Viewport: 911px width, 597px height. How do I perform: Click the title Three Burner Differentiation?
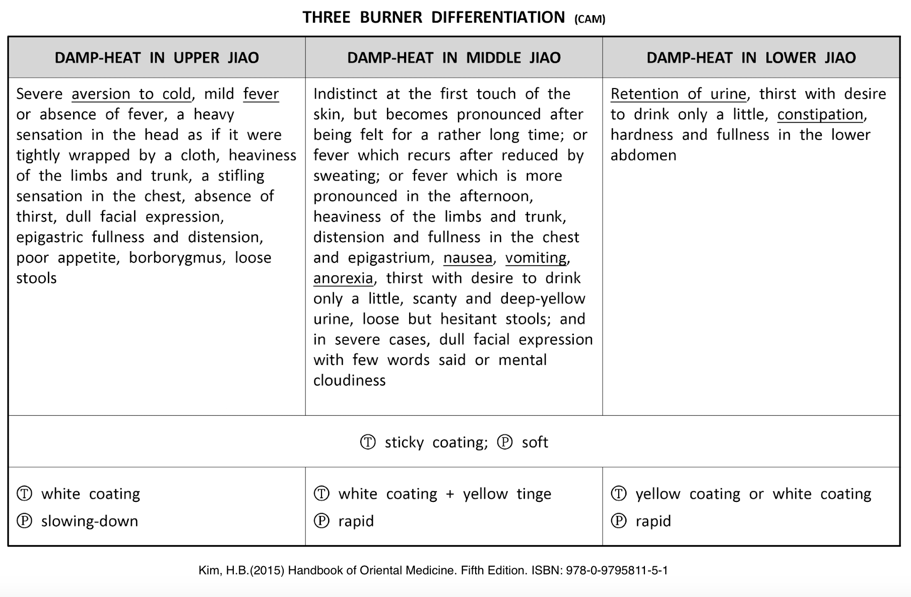433,18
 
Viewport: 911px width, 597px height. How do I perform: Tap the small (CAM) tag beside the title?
590,19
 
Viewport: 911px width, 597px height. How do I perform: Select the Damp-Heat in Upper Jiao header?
157,58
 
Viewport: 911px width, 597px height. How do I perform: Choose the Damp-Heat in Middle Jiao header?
453,58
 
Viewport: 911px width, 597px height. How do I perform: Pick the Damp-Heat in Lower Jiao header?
751,58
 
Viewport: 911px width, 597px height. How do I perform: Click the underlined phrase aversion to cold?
132,94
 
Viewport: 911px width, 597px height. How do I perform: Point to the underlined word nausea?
468,258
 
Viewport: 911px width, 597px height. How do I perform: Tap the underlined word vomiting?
536,258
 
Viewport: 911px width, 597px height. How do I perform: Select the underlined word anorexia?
343,278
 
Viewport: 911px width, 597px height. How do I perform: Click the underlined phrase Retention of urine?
678,94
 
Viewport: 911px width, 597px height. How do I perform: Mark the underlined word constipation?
820,115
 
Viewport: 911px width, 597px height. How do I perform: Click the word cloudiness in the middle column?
349,381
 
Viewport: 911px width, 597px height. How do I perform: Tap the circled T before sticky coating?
368,442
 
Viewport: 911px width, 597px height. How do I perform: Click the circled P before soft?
505,442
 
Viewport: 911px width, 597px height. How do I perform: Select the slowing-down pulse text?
90,521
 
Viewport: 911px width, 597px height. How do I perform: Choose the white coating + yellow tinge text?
444,494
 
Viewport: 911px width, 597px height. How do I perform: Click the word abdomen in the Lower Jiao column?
643,155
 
